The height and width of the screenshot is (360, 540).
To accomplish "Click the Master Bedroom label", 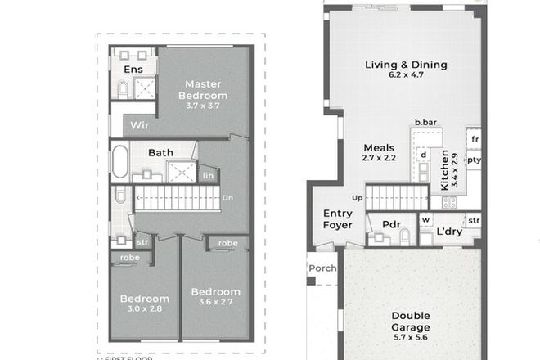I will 205,89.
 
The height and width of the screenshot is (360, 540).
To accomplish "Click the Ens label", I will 133,70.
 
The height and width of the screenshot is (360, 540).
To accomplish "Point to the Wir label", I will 139,126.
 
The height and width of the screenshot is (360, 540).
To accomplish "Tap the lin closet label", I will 209,175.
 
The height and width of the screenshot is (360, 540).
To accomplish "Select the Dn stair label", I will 228,198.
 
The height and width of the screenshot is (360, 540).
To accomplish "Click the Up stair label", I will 357,198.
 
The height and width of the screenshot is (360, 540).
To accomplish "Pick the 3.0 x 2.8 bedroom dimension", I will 144,310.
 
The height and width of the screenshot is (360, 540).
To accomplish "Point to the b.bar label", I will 425,122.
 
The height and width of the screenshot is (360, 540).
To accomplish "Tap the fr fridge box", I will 474,139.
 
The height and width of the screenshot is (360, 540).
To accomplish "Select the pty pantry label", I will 474,160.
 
